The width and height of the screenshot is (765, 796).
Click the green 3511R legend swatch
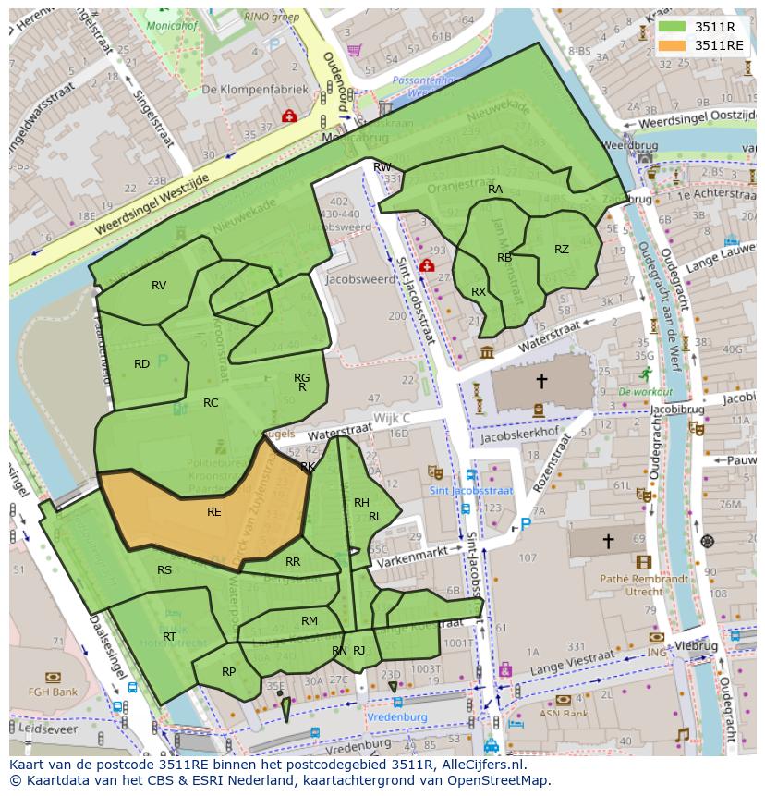coord(672,27)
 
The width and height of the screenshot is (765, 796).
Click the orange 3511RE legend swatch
coord(672,45)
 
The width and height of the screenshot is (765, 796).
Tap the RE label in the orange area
coord(213,511)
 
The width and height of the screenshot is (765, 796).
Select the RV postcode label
coord(159,286)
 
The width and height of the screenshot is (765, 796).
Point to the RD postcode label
coord(141,364)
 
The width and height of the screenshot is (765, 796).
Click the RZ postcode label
coord(562,250)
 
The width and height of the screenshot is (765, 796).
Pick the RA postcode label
coord(495,190)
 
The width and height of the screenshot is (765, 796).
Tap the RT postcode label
coord(169,637)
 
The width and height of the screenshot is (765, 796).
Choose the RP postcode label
coord(228,672)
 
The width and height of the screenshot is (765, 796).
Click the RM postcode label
coord(309,621)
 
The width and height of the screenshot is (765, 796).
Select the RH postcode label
coord(361,503)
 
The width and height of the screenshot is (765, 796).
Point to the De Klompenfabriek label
coord(243,90)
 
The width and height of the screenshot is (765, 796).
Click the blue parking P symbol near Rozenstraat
coord(526,524)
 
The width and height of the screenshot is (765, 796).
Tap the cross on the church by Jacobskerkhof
coord(541,380)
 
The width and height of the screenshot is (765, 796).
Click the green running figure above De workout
coord(645,374)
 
